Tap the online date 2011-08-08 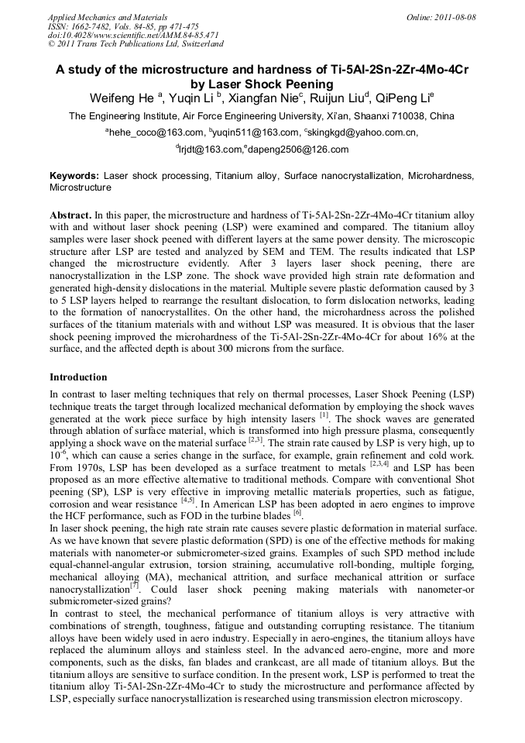pos(458,17)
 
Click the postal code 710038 pos(407,116)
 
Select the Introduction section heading pos(78,377)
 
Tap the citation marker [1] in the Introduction pos(324,416)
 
